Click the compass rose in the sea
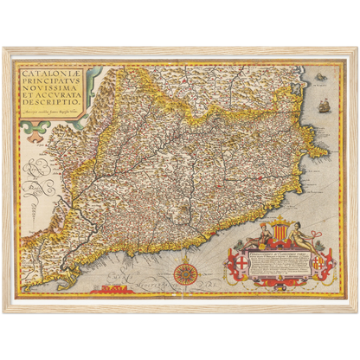click(x=183, y=274)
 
